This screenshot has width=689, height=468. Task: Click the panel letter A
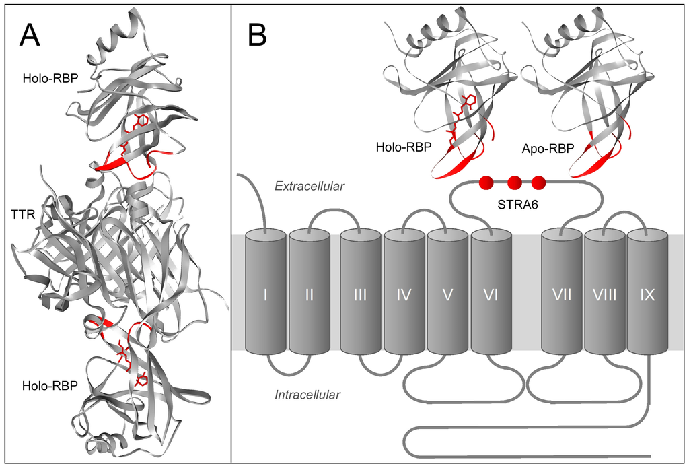30,35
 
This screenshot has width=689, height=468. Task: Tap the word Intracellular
307,395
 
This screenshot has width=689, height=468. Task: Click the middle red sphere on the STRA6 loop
515,182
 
